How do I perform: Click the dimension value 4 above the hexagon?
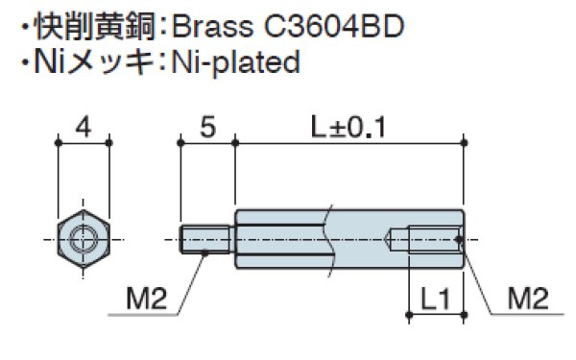(x=84, y=126)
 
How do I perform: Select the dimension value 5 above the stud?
(x=206, y=126)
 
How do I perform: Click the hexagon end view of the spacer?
(x=84, y=235)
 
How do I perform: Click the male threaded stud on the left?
(x=207, y=236)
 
